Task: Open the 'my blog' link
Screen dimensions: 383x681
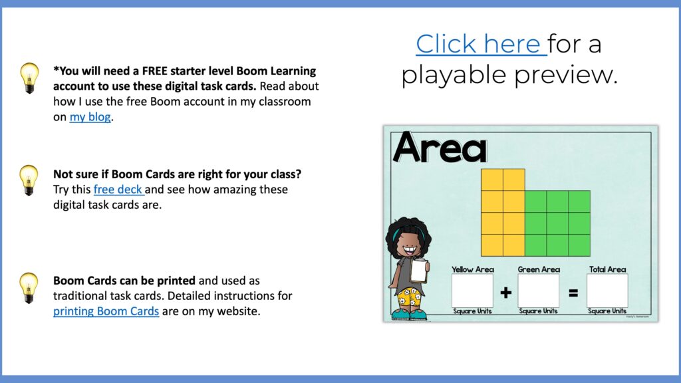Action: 90,118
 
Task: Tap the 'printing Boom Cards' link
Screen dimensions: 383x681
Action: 106,311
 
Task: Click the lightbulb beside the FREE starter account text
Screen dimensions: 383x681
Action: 29,77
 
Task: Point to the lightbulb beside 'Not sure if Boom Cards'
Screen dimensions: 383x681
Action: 29,180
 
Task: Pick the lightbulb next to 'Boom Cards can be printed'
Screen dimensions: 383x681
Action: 29,287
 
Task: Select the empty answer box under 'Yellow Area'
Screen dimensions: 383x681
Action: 472,291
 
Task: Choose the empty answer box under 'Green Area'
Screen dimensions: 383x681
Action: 539,291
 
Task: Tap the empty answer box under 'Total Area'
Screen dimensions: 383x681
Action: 607,291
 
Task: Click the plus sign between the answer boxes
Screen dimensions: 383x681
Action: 505,293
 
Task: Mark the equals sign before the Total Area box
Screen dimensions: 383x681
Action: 573,293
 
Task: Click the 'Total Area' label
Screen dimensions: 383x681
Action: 607,269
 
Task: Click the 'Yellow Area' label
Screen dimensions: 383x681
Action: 472,269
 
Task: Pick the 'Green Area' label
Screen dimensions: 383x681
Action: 539,269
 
